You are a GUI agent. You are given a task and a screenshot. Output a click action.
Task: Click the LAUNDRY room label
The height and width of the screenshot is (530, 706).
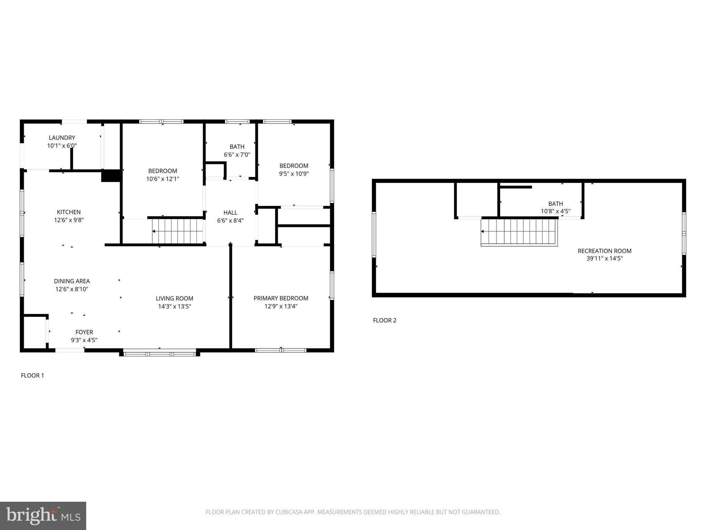pos(62,138)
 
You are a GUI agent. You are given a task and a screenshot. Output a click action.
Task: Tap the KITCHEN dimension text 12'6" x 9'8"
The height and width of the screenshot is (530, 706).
pos(69,220)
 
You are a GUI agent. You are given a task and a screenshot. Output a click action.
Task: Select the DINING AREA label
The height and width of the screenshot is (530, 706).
pos(72,281)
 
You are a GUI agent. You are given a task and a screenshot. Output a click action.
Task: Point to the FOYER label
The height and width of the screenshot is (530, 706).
pos(84,332)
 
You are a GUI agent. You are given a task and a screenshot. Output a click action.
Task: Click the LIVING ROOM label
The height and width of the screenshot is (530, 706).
pos(174,298)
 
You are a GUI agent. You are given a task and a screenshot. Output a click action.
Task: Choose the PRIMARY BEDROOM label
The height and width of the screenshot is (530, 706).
pos(281,298)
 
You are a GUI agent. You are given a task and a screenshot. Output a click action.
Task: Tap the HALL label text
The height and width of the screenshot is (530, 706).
pos(230,213)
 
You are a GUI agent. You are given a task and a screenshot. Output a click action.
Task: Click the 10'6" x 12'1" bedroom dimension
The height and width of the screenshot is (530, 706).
pos(163,179)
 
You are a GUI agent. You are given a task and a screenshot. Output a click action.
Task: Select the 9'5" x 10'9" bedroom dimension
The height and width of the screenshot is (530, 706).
pos(294,174)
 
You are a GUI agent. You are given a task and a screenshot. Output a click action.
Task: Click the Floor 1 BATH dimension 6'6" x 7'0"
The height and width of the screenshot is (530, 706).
pos(237,155)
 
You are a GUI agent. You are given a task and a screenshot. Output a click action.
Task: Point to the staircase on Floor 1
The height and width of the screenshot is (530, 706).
pos(178,231)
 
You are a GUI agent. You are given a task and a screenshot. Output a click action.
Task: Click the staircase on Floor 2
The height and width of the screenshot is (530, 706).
pos(519,232)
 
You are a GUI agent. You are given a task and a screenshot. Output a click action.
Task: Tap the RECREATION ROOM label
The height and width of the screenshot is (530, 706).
pos(605,251)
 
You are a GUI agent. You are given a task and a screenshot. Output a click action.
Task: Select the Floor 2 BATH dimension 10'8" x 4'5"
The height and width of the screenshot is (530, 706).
pos(555,211)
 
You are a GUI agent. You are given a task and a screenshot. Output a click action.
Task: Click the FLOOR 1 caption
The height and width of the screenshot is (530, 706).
pos(32,375)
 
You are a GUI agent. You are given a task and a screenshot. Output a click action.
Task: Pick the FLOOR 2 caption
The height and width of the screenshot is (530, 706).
pos(384,320)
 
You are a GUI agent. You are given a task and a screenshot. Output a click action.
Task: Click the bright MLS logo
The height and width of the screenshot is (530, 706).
pos(43,516)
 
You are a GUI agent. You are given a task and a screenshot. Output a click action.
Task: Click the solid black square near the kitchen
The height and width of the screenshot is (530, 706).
pos(110,176)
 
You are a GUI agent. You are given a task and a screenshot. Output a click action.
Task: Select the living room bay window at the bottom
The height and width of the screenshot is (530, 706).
pos(160,353)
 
